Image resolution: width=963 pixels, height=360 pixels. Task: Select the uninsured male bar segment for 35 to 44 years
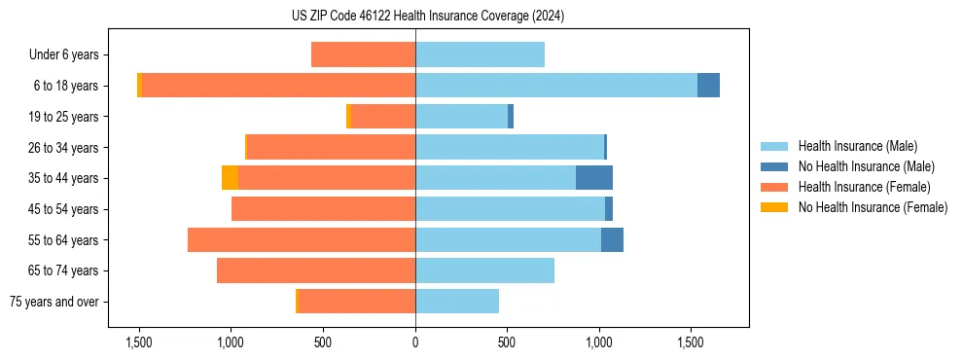pos(593,178)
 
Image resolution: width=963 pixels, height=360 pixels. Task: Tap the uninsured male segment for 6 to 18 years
pos(708,86)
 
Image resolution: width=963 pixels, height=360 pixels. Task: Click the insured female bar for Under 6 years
pos(363,54)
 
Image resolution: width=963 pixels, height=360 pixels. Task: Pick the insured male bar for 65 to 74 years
pos(484,270)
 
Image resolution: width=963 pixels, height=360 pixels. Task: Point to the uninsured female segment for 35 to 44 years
pos(230,178)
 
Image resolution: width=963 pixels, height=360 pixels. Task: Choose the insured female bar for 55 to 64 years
pos(302,239)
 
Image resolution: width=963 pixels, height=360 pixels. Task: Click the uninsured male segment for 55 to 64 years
pos(612,239)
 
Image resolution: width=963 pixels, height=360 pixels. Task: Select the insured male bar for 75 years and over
pos(457,302)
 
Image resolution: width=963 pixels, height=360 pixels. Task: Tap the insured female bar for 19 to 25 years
pos(383,117)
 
